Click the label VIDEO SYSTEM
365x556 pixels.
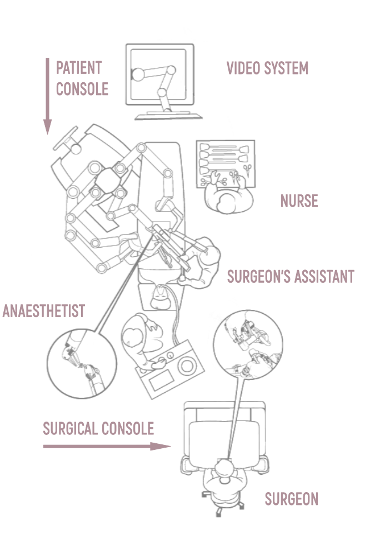point(267,68)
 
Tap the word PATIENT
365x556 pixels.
point(79,68)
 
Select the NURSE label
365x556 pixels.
point(299,201)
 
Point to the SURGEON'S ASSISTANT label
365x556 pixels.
point(291,277)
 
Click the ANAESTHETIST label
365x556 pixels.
point(44,311)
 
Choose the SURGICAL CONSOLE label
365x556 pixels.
point(98,429)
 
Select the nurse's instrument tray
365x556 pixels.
point(226,164)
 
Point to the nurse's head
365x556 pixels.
point(226,203)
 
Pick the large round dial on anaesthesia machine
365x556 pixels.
point(187,366)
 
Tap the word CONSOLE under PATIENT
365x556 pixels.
point(82,89)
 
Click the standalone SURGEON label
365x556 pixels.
point(292,499)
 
